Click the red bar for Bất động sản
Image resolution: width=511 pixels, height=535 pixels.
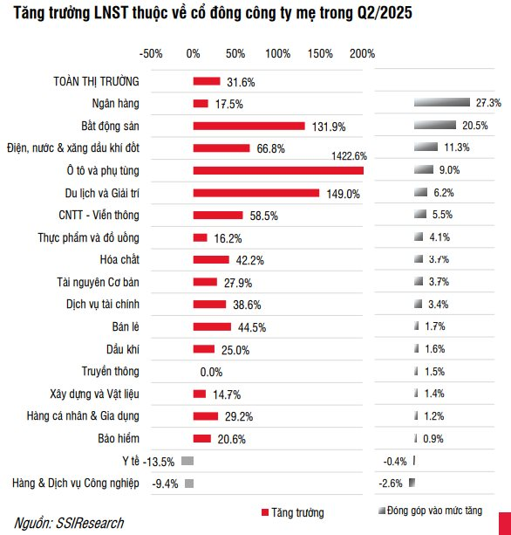[249, 126]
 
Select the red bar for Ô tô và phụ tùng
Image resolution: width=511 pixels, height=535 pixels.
[277, 171]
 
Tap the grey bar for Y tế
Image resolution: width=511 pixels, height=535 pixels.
[187, 460]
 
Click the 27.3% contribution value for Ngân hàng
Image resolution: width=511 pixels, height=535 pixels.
[488, 103]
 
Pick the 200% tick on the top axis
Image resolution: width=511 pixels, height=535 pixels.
[363, 54]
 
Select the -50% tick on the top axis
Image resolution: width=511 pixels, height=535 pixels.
[151, 54]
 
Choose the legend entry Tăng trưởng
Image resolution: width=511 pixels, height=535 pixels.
[291, 512]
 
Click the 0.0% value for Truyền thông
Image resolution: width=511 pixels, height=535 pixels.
[211, 372]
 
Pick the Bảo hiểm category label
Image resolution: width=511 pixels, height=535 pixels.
[116, 437]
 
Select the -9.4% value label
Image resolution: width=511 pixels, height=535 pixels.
[167, 483]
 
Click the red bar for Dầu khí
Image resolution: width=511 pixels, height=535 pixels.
[203, 349]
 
